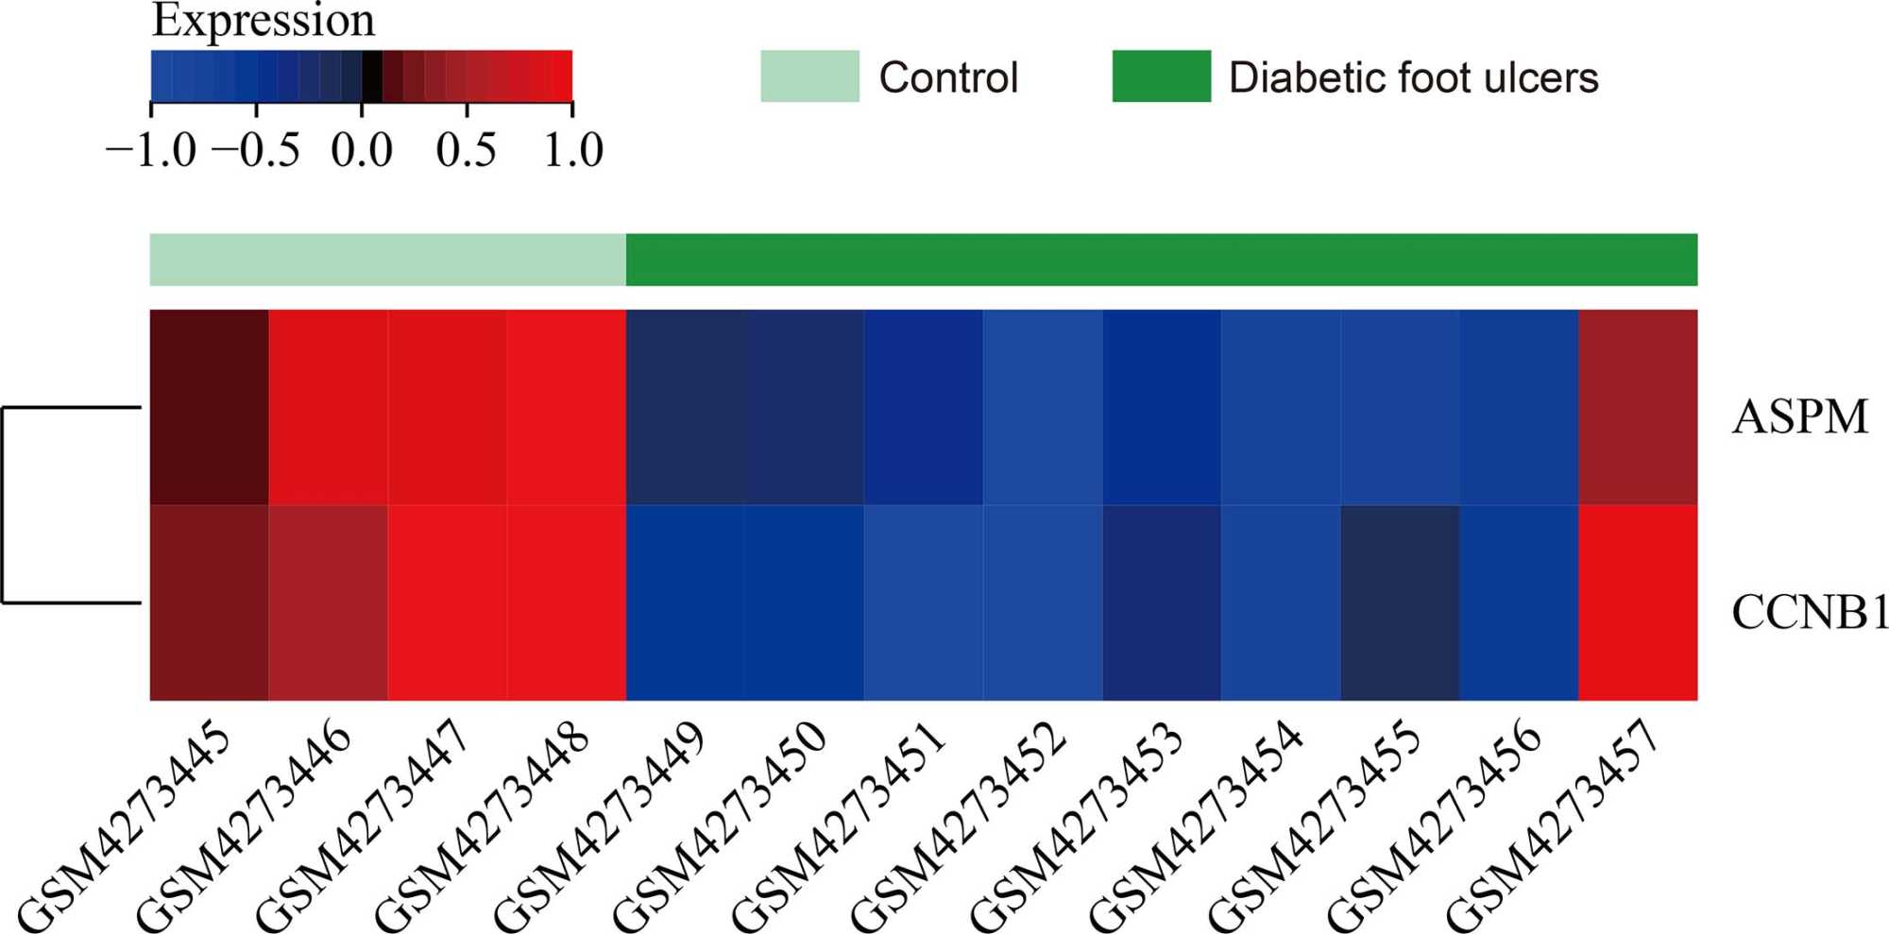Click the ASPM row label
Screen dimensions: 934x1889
point(1799,416)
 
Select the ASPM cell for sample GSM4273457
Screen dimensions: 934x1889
point(1638,407)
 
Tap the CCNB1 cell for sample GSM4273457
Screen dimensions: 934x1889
point(1638,603)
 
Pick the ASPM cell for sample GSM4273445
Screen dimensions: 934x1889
point(209,407)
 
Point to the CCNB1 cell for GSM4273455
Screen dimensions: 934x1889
point(1400,603)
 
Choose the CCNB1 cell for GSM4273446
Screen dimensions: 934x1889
point(328,603)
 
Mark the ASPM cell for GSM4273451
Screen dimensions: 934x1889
point(924,407)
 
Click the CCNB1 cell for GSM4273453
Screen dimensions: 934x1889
point(1162,603)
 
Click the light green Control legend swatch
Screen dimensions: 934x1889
point(809,76)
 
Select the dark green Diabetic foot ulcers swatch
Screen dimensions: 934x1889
point(1161,76)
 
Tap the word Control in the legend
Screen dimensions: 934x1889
point(948,77)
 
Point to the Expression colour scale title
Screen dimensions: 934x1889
point(264,21)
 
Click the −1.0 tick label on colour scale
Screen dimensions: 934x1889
point(151,150)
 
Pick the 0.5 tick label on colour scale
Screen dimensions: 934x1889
point(466,150)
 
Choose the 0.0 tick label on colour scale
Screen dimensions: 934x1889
point(362,150)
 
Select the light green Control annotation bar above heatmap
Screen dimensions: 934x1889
point(387,260)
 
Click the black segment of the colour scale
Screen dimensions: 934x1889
point(372,76)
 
